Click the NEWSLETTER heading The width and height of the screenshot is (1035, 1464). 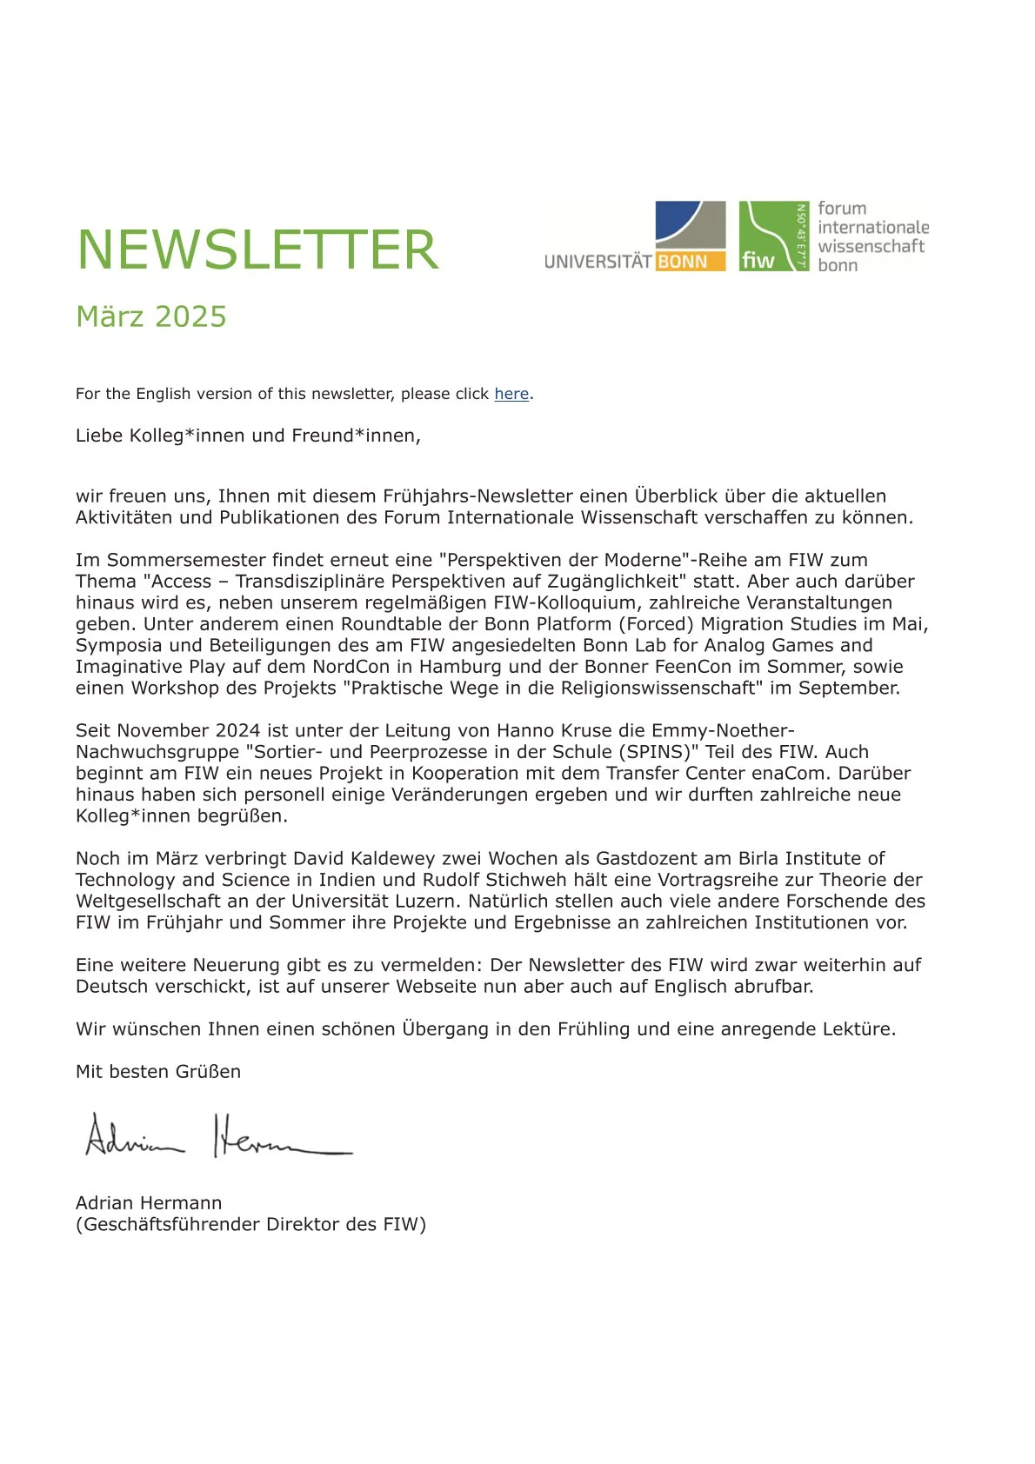pyautogui.click(x=257, y=250)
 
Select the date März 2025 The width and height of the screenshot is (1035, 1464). pyautogui.click(x=151, y=316)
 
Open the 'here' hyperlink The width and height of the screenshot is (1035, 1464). pyautogui.click(x=511, y=394)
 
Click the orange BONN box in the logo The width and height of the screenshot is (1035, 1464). pyautogui.click(x=691, y=262)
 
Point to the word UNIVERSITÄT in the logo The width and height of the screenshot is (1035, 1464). pyautogui.click(x=598, y=262)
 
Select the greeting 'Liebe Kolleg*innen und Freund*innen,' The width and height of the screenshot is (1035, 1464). pyautogui.click(x=248, y=436)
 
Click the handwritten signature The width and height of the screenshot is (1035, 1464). pyautogui.click(x=217, y=1136)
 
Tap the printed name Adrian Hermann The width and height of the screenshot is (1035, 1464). pyautogui.click(x=149, y=1203)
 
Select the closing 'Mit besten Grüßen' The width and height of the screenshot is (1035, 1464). pyautogui.click(x=158, y=1072)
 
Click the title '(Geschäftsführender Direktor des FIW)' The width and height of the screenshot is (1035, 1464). pyautogui.click(x=250, y=1224)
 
